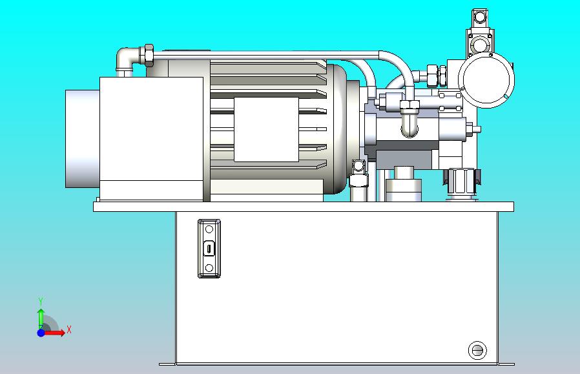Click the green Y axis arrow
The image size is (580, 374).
[41, 318]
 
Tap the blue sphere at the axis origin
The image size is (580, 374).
[41, 333]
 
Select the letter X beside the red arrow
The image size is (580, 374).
[69, 329]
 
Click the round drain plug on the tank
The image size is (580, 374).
[477, 350]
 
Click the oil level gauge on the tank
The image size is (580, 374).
[209, 248]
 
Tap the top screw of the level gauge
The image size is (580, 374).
[209, 229]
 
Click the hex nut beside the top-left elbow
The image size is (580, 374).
[149, 56]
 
